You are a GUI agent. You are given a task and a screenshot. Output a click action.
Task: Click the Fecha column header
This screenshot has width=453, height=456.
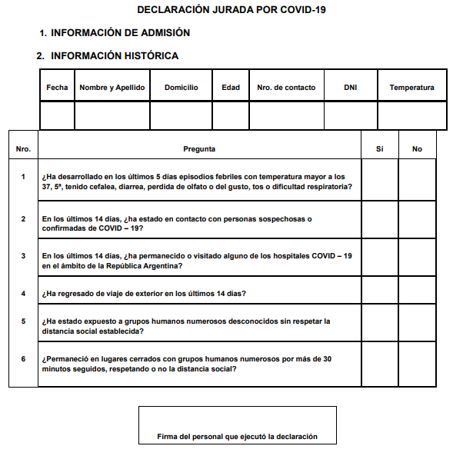tap(57, 88)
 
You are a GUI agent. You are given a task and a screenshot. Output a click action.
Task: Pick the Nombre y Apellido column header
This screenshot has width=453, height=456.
tap(112, 88)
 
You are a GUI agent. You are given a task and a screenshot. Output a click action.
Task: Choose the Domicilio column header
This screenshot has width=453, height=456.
tap(181, 88)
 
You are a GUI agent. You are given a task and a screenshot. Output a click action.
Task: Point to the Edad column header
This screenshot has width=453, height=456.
tap(231, 88)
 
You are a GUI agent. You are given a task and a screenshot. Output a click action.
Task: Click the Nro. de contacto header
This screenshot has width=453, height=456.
tap(286, 88)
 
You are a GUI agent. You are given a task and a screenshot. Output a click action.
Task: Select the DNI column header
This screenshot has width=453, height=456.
tap(351, 88)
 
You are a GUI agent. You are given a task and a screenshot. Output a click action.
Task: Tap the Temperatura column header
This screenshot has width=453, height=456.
tap(411, 88)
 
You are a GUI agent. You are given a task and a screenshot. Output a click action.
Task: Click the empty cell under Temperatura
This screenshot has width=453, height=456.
tap(411, 115)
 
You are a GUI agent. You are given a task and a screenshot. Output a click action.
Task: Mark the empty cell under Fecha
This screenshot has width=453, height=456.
tap(57, 115)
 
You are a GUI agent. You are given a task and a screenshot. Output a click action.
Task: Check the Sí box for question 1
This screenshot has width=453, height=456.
tap(379, 181)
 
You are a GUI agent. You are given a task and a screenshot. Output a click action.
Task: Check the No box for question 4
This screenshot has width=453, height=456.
tap(417, 293)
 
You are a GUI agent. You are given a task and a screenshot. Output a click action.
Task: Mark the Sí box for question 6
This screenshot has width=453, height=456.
tap(379, 364)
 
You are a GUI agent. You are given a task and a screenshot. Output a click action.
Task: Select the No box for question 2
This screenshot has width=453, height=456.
tap(417, 223)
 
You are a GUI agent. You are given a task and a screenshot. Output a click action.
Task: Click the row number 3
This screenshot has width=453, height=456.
tap(23, 256)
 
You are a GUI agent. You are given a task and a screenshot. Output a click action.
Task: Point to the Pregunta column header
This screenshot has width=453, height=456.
tap(199, 149)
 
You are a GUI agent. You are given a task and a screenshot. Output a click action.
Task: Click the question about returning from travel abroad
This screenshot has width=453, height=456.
tap(145, 294)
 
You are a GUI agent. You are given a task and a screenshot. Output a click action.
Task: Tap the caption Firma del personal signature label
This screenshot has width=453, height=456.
tap(237, 436)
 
